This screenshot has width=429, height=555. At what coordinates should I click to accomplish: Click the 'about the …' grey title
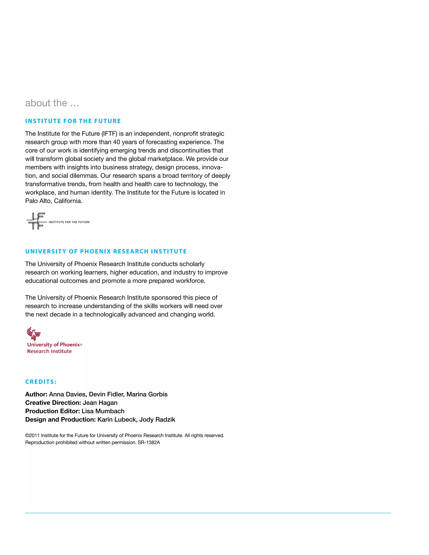pos(52,103)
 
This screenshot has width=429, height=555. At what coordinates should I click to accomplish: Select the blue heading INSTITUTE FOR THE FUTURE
pos(73,121)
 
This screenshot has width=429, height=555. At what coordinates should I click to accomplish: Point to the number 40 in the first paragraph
pos(117,142)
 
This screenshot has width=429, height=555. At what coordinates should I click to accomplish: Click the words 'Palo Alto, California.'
pos(54,201)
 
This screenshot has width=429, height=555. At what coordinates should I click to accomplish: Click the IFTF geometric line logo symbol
pos(36,221)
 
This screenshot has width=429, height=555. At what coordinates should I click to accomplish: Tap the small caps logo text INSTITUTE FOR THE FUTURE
pos(69,222)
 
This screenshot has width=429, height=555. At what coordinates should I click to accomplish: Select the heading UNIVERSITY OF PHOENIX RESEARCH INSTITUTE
pos(106,252)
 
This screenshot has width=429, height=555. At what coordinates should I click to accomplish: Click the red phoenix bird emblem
pos(34,334)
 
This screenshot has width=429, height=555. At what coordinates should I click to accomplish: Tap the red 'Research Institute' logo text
pos(49,351)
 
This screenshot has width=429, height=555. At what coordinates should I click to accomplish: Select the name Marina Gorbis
pos(147,394)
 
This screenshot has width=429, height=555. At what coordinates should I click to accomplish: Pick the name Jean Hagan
pos(100,403)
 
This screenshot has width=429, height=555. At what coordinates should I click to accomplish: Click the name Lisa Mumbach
pos(103,411)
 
